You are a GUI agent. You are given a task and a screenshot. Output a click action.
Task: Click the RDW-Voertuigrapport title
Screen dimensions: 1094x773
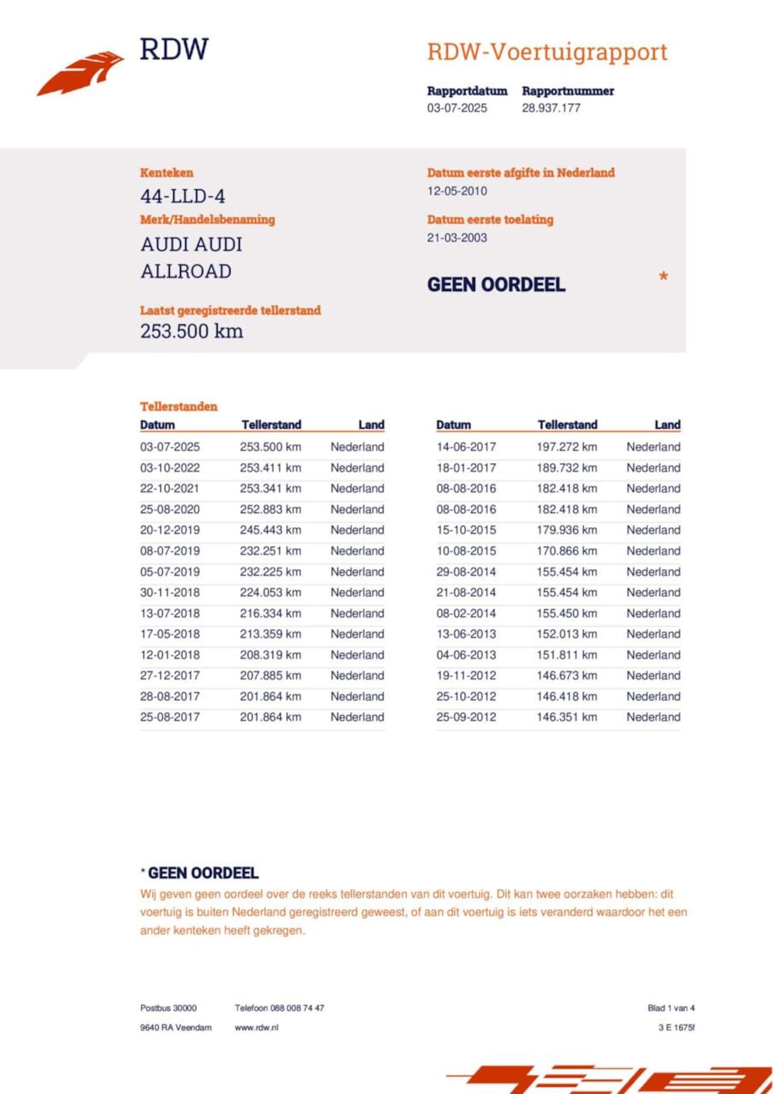(547, 52)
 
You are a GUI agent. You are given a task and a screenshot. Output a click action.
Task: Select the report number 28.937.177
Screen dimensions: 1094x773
(551, 108)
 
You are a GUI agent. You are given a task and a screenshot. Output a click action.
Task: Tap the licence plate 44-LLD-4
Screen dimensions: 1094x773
(182, 196)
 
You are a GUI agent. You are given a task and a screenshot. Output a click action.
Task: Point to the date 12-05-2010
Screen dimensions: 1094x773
(457, 191)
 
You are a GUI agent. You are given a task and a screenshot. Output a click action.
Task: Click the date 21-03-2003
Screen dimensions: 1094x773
(457, 238)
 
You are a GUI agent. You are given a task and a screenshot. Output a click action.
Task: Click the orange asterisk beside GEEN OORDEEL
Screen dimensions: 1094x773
(663, 277)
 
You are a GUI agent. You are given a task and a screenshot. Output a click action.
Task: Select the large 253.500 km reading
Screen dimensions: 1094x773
(191, 331)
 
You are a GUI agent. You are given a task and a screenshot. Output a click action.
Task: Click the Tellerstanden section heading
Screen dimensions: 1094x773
(179, 406)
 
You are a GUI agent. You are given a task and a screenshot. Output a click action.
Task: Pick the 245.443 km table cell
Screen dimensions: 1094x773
(270, 530)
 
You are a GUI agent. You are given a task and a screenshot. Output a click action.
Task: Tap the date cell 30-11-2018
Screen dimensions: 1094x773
(170, 592)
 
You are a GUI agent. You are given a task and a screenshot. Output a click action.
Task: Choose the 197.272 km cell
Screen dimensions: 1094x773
(566, 447)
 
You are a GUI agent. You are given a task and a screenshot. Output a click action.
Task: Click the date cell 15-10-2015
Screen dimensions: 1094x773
(466, 530)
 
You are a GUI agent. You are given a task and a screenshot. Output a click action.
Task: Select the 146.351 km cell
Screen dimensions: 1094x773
(566, 717)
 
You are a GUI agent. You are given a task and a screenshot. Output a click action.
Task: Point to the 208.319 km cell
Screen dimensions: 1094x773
(270, 655)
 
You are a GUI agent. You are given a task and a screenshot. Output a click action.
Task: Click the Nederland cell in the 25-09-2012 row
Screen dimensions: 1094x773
(653, 717)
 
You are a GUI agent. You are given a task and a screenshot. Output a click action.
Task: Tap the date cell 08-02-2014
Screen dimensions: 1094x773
(466, 613)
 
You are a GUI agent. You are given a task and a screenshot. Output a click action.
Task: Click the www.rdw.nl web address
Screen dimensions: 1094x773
(256, 1027)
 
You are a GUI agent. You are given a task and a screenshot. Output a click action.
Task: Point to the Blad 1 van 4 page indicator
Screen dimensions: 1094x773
(671, 1008)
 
